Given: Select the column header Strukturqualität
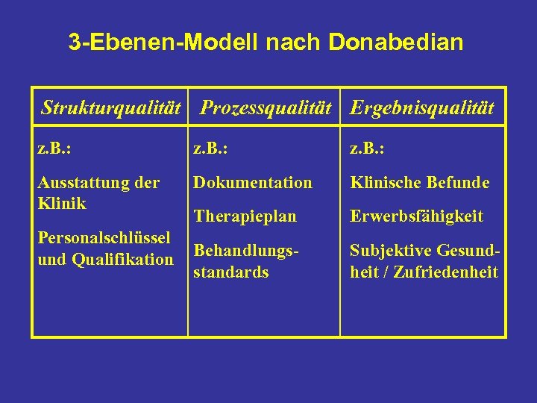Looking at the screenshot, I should [112, 108].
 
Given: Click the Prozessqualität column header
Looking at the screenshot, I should [266, 108].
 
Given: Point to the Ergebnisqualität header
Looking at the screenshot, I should [422, 108].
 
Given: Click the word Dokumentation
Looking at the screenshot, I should [253, 182].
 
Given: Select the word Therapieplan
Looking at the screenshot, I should [245, 216].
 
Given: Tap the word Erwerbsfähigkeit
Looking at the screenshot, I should [417, 216].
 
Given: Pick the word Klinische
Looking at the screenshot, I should [383, 182].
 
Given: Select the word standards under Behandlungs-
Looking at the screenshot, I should [230, 272].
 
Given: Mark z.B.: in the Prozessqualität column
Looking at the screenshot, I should [210, 149].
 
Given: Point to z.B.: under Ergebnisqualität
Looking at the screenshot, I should [367, 149].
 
